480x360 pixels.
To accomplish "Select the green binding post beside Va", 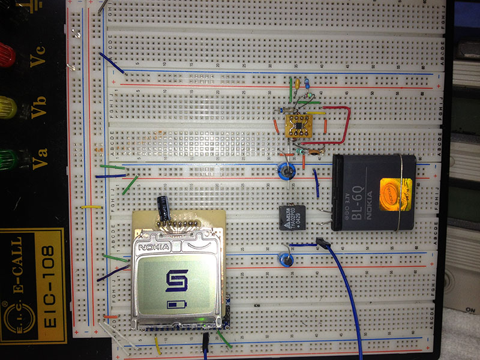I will coord(6,160).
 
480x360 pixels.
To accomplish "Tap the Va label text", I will coord(38,160).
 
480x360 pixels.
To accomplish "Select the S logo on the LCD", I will coord(176,280).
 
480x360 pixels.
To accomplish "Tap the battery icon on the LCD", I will coord(176,305).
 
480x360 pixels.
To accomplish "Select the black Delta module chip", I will coord(293,217).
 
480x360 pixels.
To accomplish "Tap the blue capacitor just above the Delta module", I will coord(286,171).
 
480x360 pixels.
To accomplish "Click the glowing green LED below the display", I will coord(206,318).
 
